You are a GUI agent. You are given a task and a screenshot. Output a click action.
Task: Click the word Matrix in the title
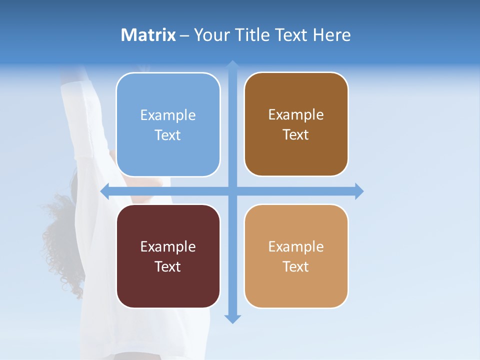(x=148, y=35)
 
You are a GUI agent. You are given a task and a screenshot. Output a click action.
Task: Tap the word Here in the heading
(x=332, y=35)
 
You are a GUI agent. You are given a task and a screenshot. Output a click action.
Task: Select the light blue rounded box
(x=168, y=124)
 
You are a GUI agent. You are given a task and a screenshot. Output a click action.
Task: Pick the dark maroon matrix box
(x=168, y=256)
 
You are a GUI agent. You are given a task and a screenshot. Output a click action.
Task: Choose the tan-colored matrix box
(x=296, y=256)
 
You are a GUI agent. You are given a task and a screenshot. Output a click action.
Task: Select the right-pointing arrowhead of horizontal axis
(x=358, y=191)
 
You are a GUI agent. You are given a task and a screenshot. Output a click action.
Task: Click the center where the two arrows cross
(x=232, y=191)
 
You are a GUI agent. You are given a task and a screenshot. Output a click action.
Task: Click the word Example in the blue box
(x=168, y=115)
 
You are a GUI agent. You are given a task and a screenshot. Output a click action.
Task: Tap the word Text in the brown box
(x=296, y=135)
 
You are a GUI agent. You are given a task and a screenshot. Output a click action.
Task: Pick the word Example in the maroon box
(x=168, y=246)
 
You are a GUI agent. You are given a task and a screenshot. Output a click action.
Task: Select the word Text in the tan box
(x=296, y=266)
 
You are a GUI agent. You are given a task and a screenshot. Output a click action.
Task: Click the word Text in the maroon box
(x=168, y=266)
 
